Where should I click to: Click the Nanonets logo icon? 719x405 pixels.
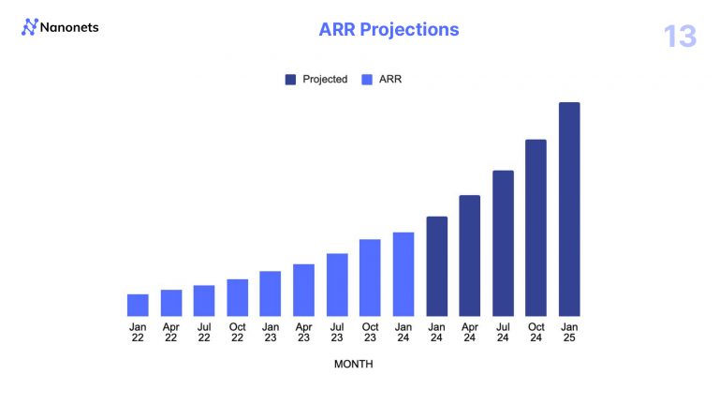point(29,28)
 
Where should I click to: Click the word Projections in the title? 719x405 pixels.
point(410,29)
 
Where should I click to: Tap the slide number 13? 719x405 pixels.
point(680,37)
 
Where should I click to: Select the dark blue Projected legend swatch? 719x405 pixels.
point(291,80)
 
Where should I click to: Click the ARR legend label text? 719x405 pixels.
point(390,80)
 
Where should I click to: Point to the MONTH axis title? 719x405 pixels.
point(353,364)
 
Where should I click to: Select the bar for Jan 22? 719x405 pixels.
point(138,305)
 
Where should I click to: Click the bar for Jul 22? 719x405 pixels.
point(204,300)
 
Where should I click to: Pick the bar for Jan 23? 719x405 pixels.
point(271,293)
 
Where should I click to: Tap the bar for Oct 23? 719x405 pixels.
point(370,277)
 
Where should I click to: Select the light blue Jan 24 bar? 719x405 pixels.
point(404,274)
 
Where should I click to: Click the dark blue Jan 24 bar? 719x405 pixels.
point(436,266)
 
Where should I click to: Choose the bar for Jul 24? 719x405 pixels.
point(503,243)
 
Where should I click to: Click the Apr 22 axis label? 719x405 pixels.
point(171,333)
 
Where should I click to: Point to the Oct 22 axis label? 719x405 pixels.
point(238,333)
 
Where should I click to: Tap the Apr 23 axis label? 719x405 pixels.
point(304,333)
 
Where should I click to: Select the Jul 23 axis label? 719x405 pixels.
point(337,333)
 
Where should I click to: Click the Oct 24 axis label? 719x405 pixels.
point(536,333)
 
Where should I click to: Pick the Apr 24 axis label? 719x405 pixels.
point(470,333)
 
